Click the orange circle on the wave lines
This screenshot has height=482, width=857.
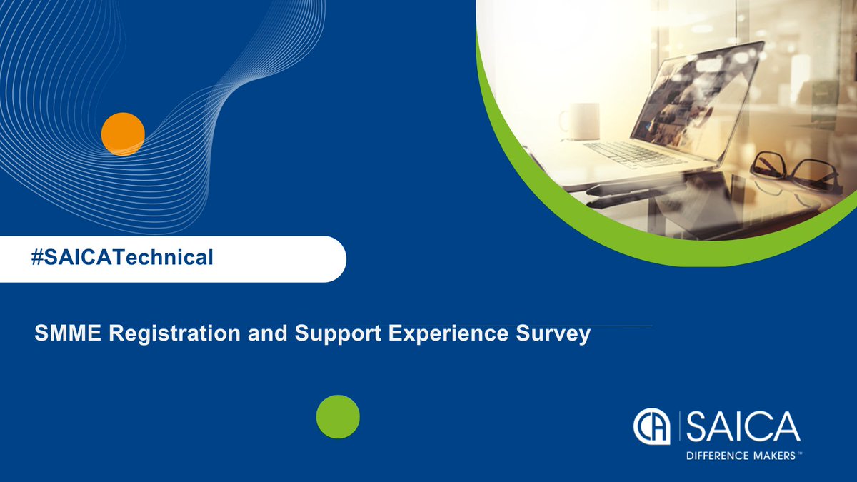coord(123,134)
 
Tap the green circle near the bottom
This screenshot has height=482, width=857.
coord(338,416)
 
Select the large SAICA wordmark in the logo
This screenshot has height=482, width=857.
coord(742,426)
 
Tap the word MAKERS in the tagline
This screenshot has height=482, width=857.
coord(774,455)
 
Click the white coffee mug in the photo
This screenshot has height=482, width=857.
coord(578,120)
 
